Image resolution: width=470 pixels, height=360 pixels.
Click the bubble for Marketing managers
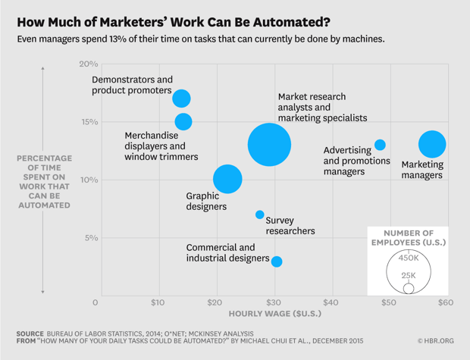pyautogui.click(x=432, y=144)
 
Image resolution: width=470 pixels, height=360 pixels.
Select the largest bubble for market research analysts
pyautogui.click(x=269, y=144)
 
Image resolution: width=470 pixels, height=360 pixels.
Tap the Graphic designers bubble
pyautogui.click(x=227, y=180)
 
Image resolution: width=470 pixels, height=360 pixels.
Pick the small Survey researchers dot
pyautogui.click(x=260, y=214)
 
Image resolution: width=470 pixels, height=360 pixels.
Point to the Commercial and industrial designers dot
pyautogui.click(x=277, y=261)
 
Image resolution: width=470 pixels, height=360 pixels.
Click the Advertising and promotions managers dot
pyautogui.click(x=380, y=145)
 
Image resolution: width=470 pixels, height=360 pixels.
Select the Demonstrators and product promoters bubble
pyautogui.click(x=181, y=99)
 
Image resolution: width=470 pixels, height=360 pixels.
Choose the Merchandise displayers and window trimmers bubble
pyautogui.click(x=183, y=121)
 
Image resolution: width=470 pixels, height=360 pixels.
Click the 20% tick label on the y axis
pyautogui.click(x=89, y=64)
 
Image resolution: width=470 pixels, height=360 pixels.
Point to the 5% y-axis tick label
pyautogui.click(x=91, y=238)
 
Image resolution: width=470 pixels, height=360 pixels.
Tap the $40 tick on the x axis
pyautogui.click(x=332, y=303)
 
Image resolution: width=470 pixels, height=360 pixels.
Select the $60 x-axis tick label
pyautogui.click(x=445, y=303)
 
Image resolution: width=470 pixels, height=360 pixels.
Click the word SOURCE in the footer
pyautogui.click(x=30, y=333)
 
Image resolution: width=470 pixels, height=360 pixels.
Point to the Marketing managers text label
pyautogui.click(x=421, y=170)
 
